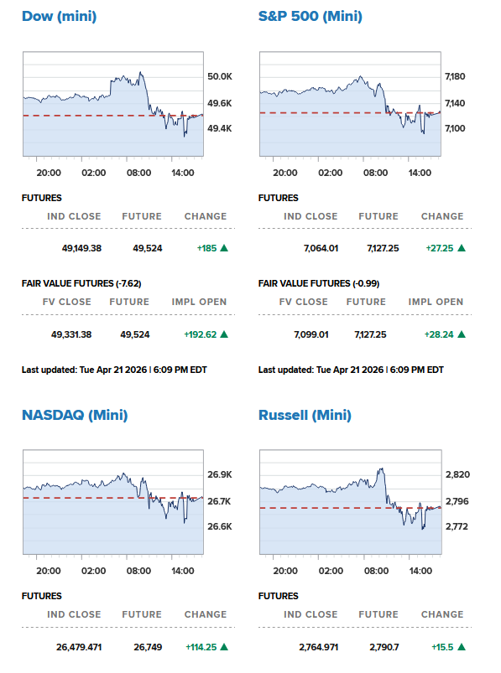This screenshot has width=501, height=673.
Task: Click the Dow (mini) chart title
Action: click(x=59, y=17)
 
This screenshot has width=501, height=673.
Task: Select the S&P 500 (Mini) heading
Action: click(x=311, y=17)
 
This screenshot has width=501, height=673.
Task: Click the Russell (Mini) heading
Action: click(x=305, y=415)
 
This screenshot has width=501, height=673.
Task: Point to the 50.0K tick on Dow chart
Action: click(x=220, y=76)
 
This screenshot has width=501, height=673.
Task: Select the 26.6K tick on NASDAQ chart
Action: click(x=219, y=526)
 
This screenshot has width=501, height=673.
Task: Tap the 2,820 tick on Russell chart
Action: click(x=457, y=474)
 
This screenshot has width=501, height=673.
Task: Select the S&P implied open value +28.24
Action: click(x=441, y=334)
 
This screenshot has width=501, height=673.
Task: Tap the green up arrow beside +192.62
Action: click(x=224, y=334)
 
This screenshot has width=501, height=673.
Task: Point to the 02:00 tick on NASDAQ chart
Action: click(x=94, y=571)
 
